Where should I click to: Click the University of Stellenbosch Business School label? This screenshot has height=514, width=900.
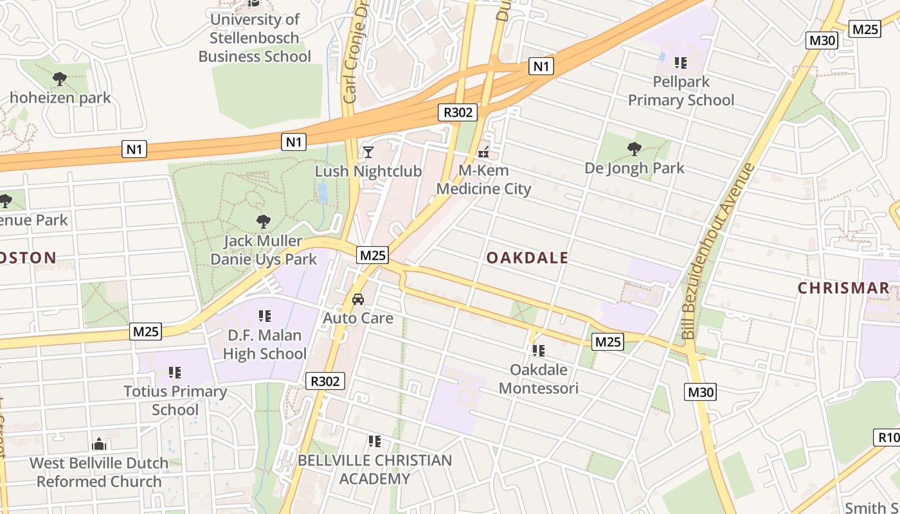point(255,38)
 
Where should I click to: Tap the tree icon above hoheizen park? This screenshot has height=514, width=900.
point(60,79)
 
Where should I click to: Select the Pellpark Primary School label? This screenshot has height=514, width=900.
point(681,91)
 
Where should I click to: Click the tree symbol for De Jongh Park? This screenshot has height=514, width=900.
point(634,149)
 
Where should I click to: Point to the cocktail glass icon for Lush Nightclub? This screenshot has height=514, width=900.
point(368,152)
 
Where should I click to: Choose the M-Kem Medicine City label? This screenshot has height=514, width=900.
point(483,179)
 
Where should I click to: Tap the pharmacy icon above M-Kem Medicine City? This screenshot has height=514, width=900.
point(483,152)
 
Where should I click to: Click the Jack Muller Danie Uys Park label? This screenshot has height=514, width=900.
point(264,250)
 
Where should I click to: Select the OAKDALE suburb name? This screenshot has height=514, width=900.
point(527,258)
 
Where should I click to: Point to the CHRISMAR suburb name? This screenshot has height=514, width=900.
point(843,288)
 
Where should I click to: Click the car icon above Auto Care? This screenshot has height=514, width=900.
point(358,299)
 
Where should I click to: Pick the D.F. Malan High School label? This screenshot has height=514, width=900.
point(264,344)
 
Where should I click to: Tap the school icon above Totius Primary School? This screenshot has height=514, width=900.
point(174,372)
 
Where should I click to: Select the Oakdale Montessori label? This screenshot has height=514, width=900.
point(539,379)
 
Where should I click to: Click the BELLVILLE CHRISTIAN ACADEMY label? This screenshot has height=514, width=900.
point(374,470)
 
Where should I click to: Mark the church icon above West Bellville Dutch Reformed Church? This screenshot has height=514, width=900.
point(98,444)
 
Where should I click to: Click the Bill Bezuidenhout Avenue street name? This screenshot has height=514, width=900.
point(718,251)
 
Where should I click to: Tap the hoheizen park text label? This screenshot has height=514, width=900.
point(60,98)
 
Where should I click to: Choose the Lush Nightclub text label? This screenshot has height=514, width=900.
point(368,172)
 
